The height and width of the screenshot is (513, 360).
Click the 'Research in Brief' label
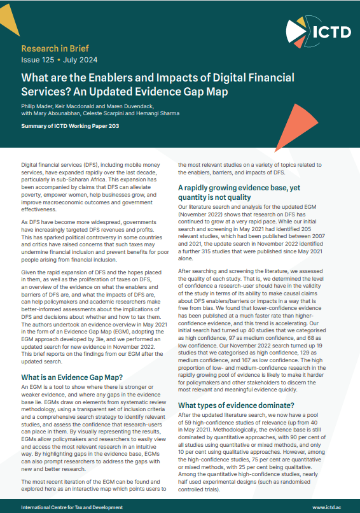(x=55, y=48)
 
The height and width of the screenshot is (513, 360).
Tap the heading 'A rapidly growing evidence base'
(x=239, y=188)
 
